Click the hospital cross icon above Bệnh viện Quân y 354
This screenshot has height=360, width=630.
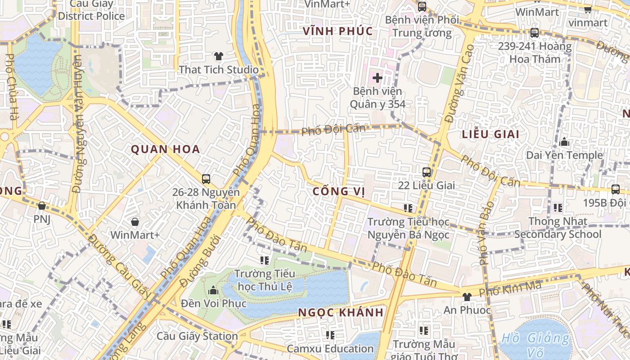[377, 78]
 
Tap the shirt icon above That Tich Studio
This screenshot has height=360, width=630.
[219, 56]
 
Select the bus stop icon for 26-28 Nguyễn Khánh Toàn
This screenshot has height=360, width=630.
[206, 179]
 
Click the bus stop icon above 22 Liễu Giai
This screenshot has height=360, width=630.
[426, 172]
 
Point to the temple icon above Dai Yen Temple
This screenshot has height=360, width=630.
[564, 143]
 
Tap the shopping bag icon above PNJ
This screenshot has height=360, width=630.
[42, 206]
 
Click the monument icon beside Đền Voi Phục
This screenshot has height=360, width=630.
[213, 290]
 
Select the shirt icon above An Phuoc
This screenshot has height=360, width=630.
[467, 297]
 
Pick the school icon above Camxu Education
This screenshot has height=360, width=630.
[330, 335]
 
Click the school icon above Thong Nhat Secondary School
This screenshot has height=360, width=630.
[558, 208]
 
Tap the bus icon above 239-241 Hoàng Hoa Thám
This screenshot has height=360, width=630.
[534, 33]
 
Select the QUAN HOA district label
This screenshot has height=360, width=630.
[165, 149]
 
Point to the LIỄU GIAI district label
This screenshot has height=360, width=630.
[490, 134]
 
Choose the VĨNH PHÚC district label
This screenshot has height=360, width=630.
[338, 31]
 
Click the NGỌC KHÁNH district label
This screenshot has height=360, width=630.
[341, 312]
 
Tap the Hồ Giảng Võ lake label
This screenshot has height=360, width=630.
[535, 344]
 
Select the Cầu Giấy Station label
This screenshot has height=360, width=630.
[197, 336]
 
